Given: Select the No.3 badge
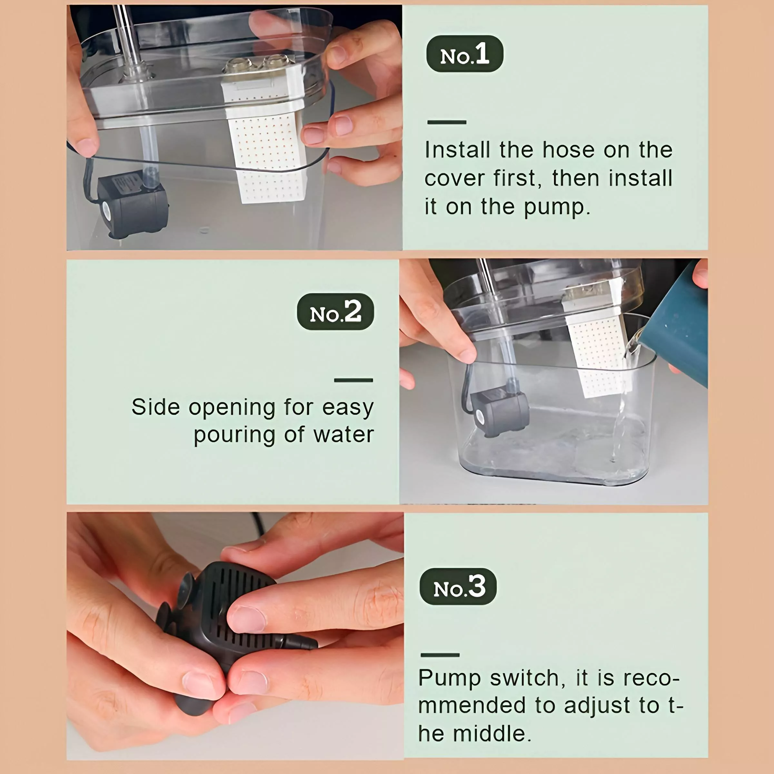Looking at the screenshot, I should [x=458, y=587].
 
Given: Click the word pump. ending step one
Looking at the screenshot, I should [x=557, y=207].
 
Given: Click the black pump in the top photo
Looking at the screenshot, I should [x=132, y=205].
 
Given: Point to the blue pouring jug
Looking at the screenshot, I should [x=677, y=329].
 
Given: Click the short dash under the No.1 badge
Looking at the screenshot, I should [x=446, y=122].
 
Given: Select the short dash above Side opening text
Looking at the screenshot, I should [x=353, y=380].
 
